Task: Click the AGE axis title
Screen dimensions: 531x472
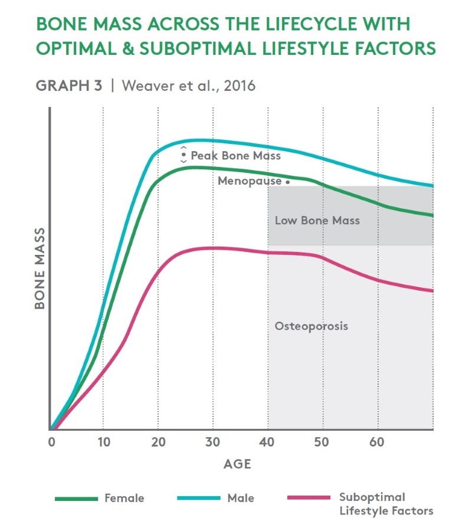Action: pos(237,464)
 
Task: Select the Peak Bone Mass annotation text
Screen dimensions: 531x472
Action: pos(235,156)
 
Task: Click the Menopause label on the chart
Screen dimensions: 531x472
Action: pos(250,181)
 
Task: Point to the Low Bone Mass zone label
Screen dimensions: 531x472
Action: pos(317,221)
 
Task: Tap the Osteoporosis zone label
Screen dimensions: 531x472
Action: pos(312,326)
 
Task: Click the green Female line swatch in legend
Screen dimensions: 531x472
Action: pos(76,499)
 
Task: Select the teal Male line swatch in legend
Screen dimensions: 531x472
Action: pos(198,499)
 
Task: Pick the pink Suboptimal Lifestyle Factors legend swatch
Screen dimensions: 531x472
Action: pos(309,499)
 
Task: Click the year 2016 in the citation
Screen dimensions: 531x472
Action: pos(242,86)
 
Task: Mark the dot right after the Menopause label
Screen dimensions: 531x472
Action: pos(287,182)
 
